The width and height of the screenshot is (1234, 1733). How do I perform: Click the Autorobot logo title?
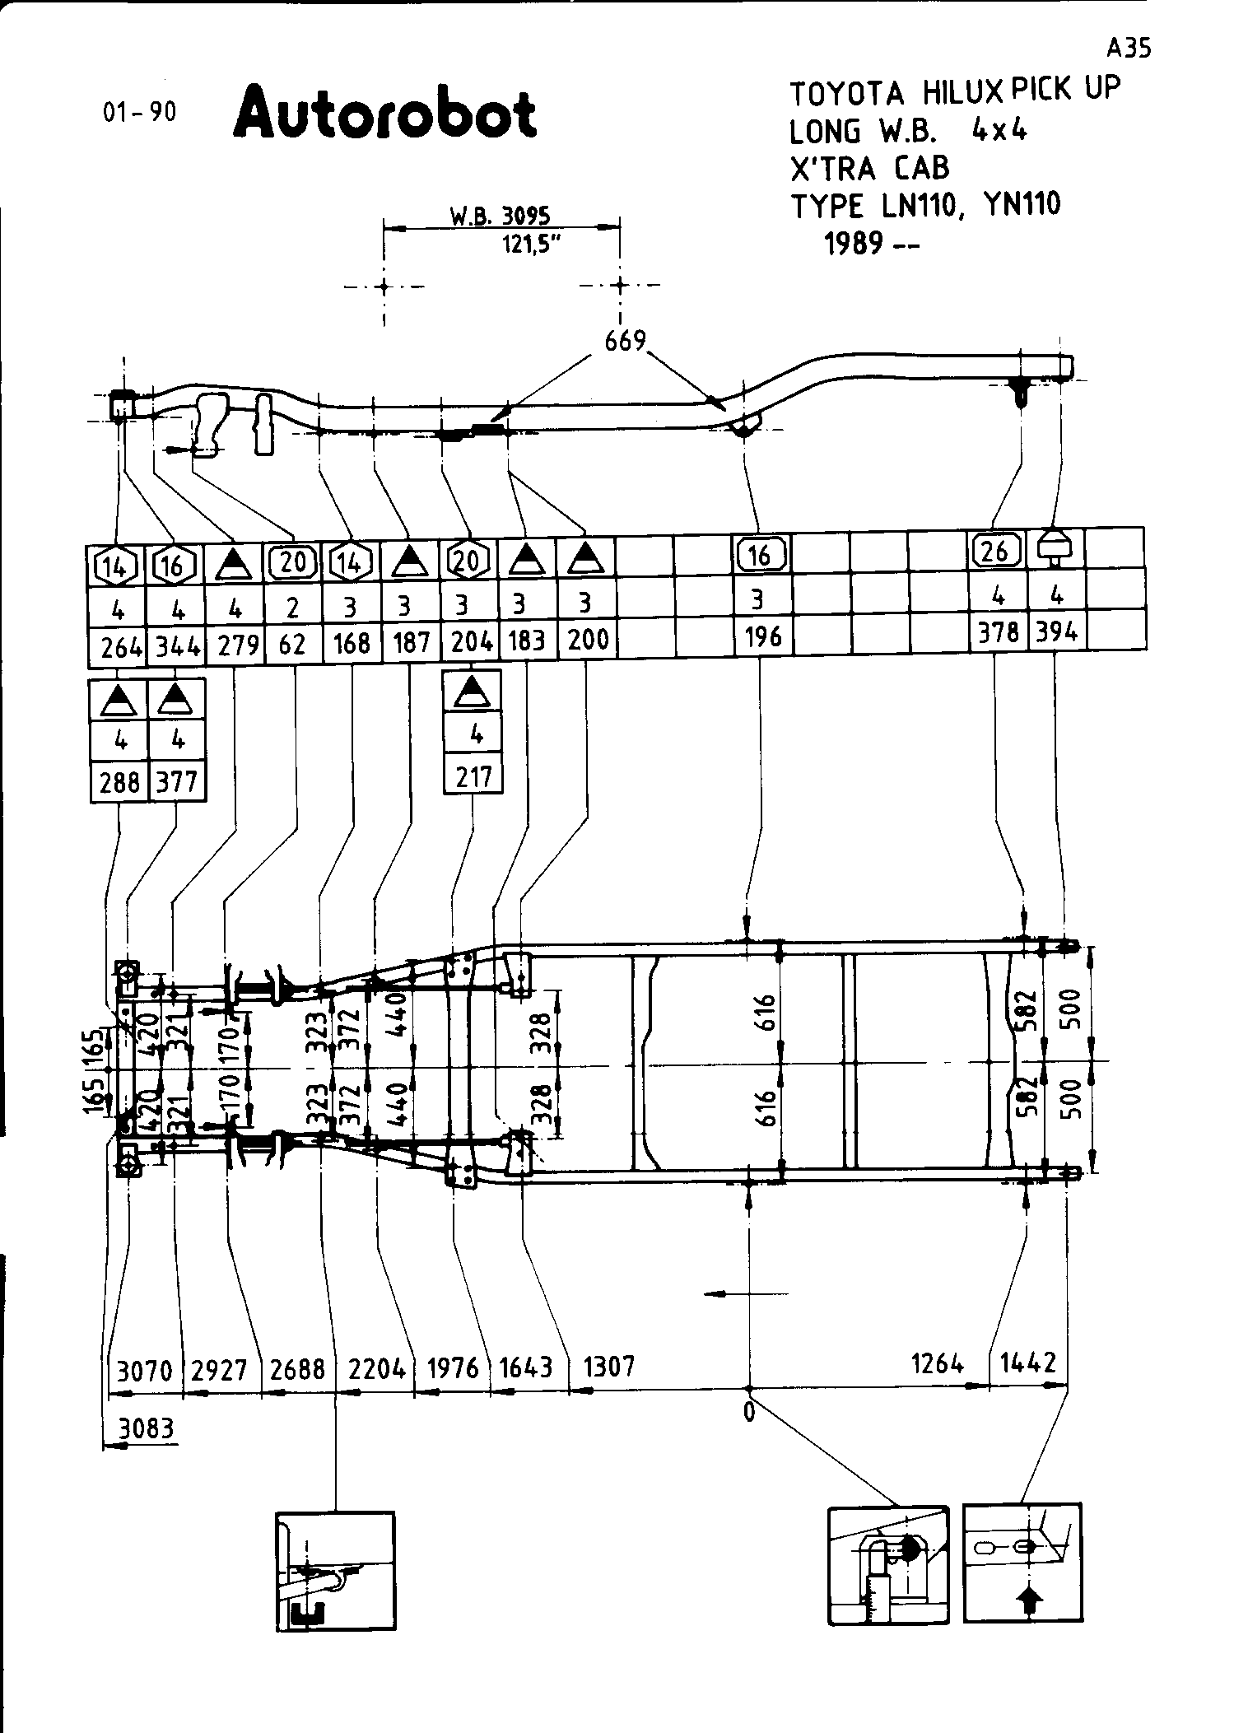point(385,113)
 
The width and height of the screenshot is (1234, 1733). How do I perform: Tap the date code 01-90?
point(139,112)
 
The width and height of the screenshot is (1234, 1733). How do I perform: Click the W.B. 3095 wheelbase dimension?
point(500,216)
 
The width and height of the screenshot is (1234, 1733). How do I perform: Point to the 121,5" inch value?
point(526,245)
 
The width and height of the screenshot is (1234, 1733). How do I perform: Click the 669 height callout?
point(625,340)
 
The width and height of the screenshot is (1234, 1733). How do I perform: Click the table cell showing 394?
point(1055,631)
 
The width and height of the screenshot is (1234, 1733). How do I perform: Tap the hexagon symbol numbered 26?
point(996,549)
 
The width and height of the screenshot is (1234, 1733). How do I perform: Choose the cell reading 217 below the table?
point(473,776)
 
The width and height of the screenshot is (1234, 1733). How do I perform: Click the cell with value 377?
point(177,780)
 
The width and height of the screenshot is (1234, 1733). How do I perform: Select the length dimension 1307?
point(609,1367)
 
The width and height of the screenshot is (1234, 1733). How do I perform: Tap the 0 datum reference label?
point(748,1411)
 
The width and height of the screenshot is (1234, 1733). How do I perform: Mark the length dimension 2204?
point(377,1368)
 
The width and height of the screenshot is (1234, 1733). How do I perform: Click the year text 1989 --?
point(872,244)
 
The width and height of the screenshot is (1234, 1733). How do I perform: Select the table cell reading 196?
point(762,636)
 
